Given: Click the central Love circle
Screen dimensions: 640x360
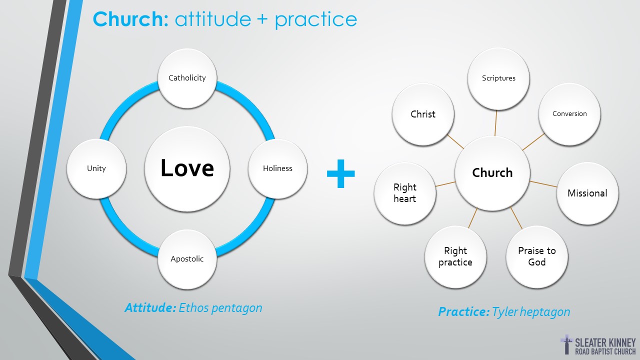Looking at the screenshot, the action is click(187, 169).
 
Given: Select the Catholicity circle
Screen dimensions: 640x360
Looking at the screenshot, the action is click(187, 78).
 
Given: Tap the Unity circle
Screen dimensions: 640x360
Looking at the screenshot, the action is click(96, 169).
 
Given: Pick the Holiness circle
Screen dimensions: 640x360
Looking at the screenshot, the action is click(277, 169).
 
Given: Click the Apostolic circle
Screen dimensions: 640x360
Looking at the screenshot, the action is click(187, 259).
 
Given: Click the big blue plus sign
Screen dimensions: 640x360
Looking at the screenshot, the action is click(340, 173).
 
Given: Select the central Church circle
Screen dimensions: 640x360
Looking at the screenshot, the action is click(492, 173).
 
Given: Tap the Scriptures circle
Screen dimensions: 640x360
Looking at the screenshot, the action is click(498, 79).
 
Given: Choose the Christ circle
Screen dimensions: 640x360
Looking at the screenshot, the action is click(423, 114).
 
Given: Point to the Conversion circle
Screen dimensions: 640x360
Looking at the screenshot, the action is click(569, 114).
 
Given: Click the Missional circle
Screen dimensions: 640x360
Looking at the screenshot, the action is click(587, 193).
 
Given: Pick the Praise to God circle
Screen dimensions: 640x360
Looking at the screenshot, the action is click(537, 257).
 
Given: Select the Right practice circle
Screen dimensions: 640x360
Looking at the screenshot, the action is click(455, 257).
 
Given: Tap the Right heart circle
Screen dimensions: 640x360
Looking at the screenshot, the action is click(405, 193).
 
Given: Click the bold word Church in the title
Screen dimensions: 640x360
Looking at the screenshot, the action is click(130, 19).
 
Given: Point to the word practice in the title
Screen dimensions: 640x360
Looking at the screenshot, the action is click(315, 20).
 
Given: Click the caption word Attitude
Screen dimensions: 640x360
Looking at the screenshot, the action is click(150, 307).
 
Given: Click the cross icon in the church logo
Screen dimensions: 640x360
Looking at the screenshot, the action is click(566, 344).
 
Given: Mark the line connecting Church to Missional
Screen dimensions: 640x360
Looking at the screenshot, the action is click(543, 184).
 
